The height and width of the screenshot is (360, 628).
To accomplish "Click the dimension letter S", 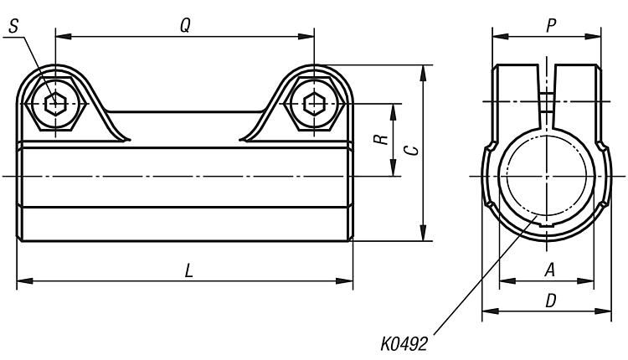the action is [13, 27].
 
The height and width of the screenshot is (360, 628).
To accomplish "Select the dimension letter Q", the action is [185, 26].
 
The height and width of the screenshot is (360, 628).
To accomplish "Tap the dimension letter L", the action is [188, 270].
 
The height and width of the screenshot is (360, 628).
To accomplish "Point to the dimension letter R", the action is [381, 139].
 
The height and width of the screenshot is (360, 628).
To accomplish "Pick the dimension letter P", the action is [551, 26].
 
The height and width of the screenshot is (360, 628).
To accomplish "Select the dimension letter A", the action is [550, 270].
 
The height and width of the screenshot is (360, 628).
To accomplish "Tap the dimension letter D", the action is [551, 301].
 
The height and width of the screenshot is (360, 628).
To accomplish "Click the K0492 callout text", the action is [404, 343].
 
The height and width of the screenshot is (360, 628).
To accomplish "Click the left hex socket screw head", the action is [55, 104].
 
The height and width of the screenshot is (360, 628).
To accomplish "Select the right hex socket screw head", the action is [314, 104].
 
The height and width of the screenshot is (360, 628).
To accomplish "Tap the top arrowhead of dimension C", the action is [423, 73].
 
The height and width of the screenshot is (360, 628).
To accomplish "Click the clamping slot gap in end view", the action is [547, 96].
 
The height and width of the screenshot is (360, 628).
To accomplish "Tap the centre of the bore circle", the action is [547, 176].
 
